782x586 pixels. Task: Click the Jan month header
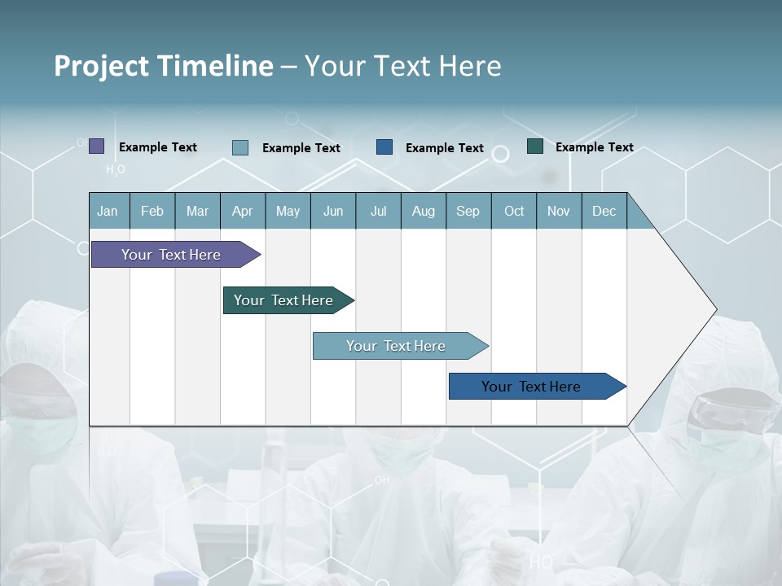click(x=108, y=211)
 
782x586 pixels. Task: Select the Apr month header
click(x=242, y=211)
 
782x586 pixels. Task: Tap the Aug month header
click(x=423, y=211)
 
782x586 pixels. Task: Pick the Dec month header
click(x=604, y=211)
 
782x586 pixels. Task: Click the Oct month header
click(x=514, y=211)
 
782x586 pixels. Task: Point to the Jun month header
click(x=333, y=211)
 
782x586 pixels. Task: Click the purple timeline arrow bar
click(x=171, y=255)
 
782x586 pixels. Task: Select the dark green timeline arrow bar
click(x=283, y=300)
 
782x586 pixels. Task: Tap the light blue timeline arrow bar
click(x=396, y=346)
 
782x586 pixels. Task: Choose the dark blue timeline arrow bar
click(x=531, y=387)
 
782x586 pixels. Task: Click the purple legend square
click(x=97, y=146)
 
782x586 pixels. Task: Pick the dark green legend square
click(x=535, y=146)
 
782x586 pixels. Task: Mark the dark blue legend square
click(x=384, y=147)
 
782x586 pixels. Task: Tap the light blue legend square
click(x=240, y=147)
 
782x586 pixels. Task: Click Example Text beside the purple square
click(x=158, y=147)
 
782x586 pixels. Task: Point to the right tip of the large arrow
click(x=715, y=309)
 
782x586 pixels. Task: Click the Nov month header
click(x=559, y=211)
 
